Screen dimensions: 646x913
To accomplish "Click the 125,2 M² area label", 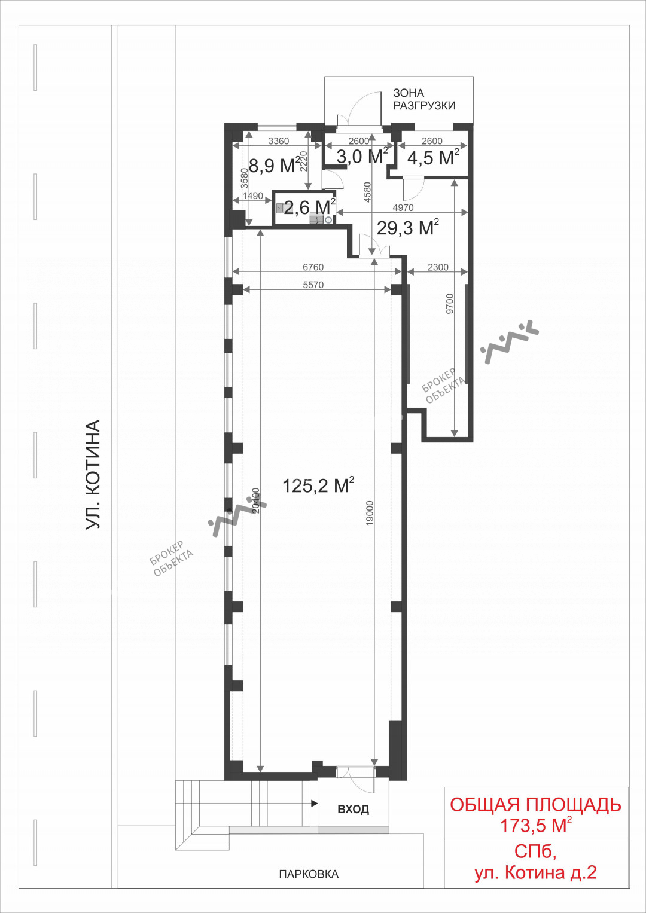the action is pyautogui.click(x=318, y=485).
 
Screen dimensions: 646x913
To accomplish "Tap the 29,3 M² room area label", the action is pyautogui.click(x=408, y=227).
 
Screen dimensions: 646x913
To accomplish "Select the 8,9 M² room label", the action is pyautogui.click(x=275, y=165).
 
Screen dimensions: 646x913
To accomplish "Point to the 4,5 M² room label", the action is pyautogui.click(x=433, y=157).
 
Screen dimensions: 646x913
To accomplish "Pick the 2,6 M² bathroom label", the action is pyautogui.click(x=310, y=207).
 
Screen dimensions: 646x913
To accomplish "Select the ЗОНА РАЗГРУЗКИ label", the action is pyautogui.click(x=424, y=99).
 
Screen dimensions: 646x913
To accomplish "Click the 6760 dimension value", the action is pyautogui.click(x=313, y=267).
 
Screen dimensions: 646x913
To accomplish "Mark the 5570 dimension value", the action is pyautogui.click(x=313, y=285).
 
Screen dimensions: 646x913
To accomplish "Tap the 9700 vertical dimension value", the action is pyautogui.click(x=450, y=304).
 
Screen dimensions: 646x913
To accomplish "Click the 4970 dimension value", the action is pyautogui.click(x=403, y=208).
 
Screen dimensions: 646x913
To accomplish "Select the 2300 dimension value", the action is pyautogui.click(x=438, y=267).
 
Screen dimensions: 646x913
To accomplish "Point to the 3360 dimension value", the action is pyautogui.click(x=279, y=141).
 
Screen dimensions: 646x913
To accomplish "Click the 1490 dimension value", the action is pyautogui.click(x=253, y=196).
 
